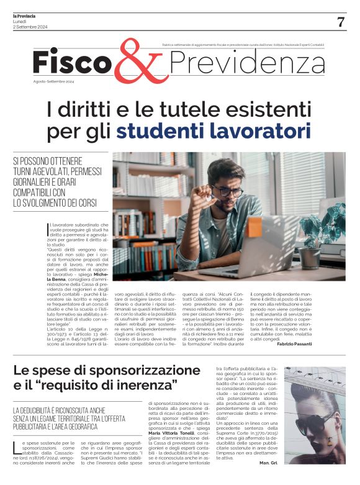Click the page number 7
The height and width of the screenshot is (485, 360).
tap(341, 22)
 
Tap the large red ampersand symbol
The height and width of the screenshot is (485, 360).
tap(137, 63)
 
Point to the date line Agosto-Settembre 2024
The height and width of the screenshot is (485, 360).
tap(53, 82)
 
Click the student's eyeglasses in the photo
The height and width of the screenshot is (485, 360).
tap(230, 190)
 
